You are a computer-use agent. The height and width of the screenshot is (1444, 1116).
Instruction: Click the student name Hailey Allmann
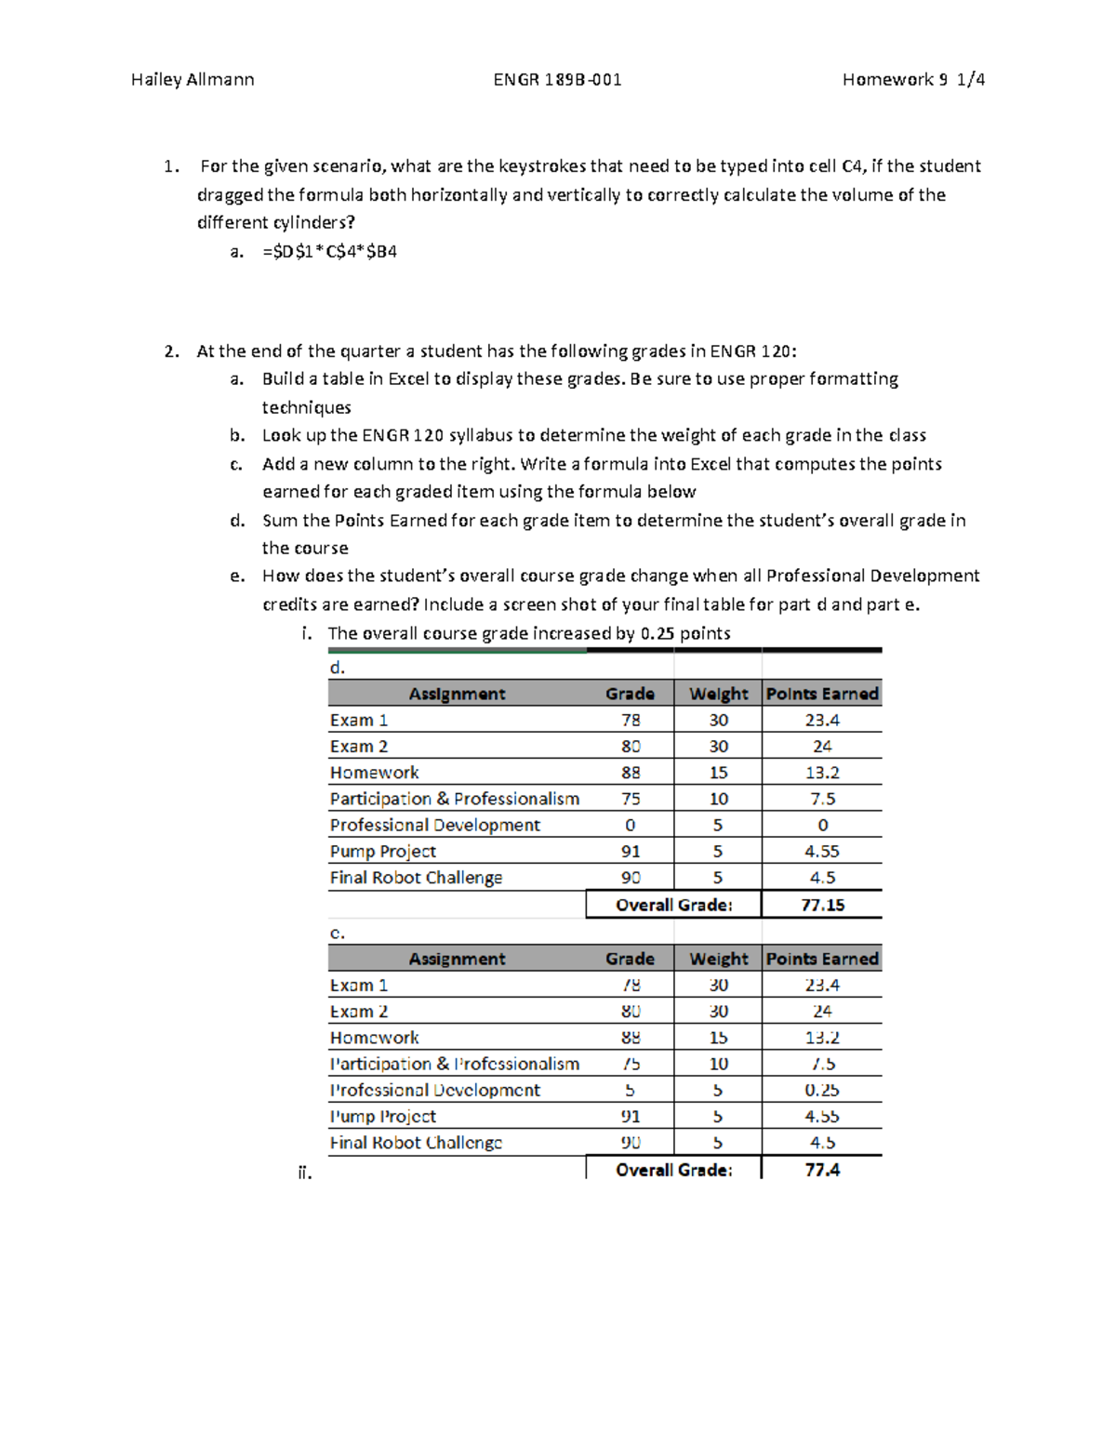[193, 80]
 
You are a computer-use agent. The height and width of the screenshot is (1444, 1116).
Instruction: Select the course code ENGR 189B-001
[557, 80]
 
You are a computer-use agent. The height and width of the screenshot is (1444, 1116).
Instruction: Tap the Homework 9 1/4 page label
[913, 80]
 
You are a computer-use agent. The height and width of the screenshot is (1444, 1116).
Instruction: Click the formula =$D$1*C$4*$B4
[329, 251]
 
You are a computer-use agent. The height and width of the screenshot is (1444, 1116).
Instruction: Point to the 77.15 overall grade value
[822, 905]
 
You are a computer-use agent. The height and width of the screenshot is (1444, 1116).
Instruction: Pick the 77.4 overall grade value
[822, 1170]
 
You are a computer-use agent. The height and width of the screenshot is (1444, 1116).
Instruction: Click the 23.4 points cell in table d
[822, 720]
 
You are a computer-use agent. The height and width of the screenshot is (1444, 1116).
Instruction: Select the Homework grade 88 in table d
[631, 773]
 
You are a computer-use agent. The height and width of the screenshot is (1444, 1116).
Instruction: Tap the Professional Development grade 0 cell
[631, 825]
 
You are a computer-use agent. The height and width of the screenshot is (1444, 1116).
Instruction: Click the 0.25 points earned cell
[822, 1090]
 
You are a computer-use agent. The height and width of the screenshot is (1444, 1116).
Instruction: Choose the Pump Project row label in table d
[382, 851]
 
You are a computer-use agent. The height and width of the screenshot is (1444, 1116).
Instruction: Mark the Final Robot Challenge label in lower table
[416, 1143]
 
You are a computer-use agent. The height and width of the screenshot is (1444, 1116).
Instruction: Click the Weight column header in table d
[718, 694]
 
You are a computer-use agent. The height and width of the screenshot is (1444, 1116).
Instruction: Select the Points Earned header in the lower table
[822, 959]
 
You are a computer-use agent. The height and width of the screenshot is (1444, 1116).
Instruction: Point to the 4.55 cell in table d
[822, 851]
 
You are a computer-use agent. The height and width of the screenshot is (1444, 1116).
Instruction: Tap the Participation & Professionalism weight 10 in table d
[718, 799]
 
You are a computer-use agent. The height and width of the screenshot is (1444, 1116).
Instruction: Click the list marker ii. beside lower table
[305, 1172]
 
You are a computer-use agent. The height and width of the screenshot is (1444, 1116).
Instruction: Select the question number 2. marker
[171, 351]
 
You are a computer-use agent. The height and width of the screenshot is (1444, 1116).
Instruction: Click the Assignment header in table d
[457, 694]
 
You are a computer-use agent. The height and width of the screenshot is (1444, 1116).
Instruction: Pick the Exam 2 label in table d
[358, 747]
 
